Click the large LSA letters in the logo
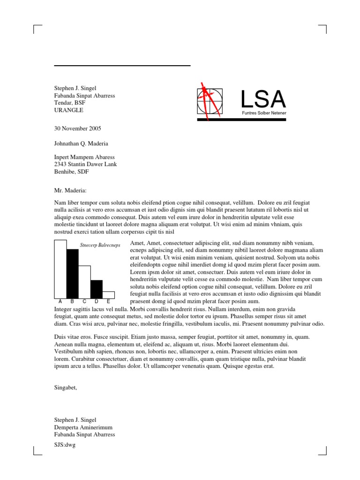[x=262, y=99]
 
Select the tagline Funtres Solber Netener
[x=264, y=113]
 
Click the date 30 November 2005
[x=78, y=128]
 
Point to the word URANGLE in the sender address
[x=69, y=110]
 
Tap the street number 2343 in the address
[x=61, y=164]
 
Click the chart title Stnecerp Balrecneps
[x=100, y=245]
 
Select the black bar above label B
[x=72, y=273]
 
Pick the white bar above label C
[x=84, y=281]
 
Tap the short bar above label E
[x=108, y=294]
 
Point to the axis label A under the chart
[x=60, y=301]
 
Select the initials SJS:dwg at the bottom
[x=65, y=445]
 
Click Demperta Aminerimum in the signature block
[x=83, y=427]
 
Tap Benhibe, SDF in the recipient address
[x=72, y=172]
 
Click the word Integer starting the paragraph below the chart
[x=64, y=309]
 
